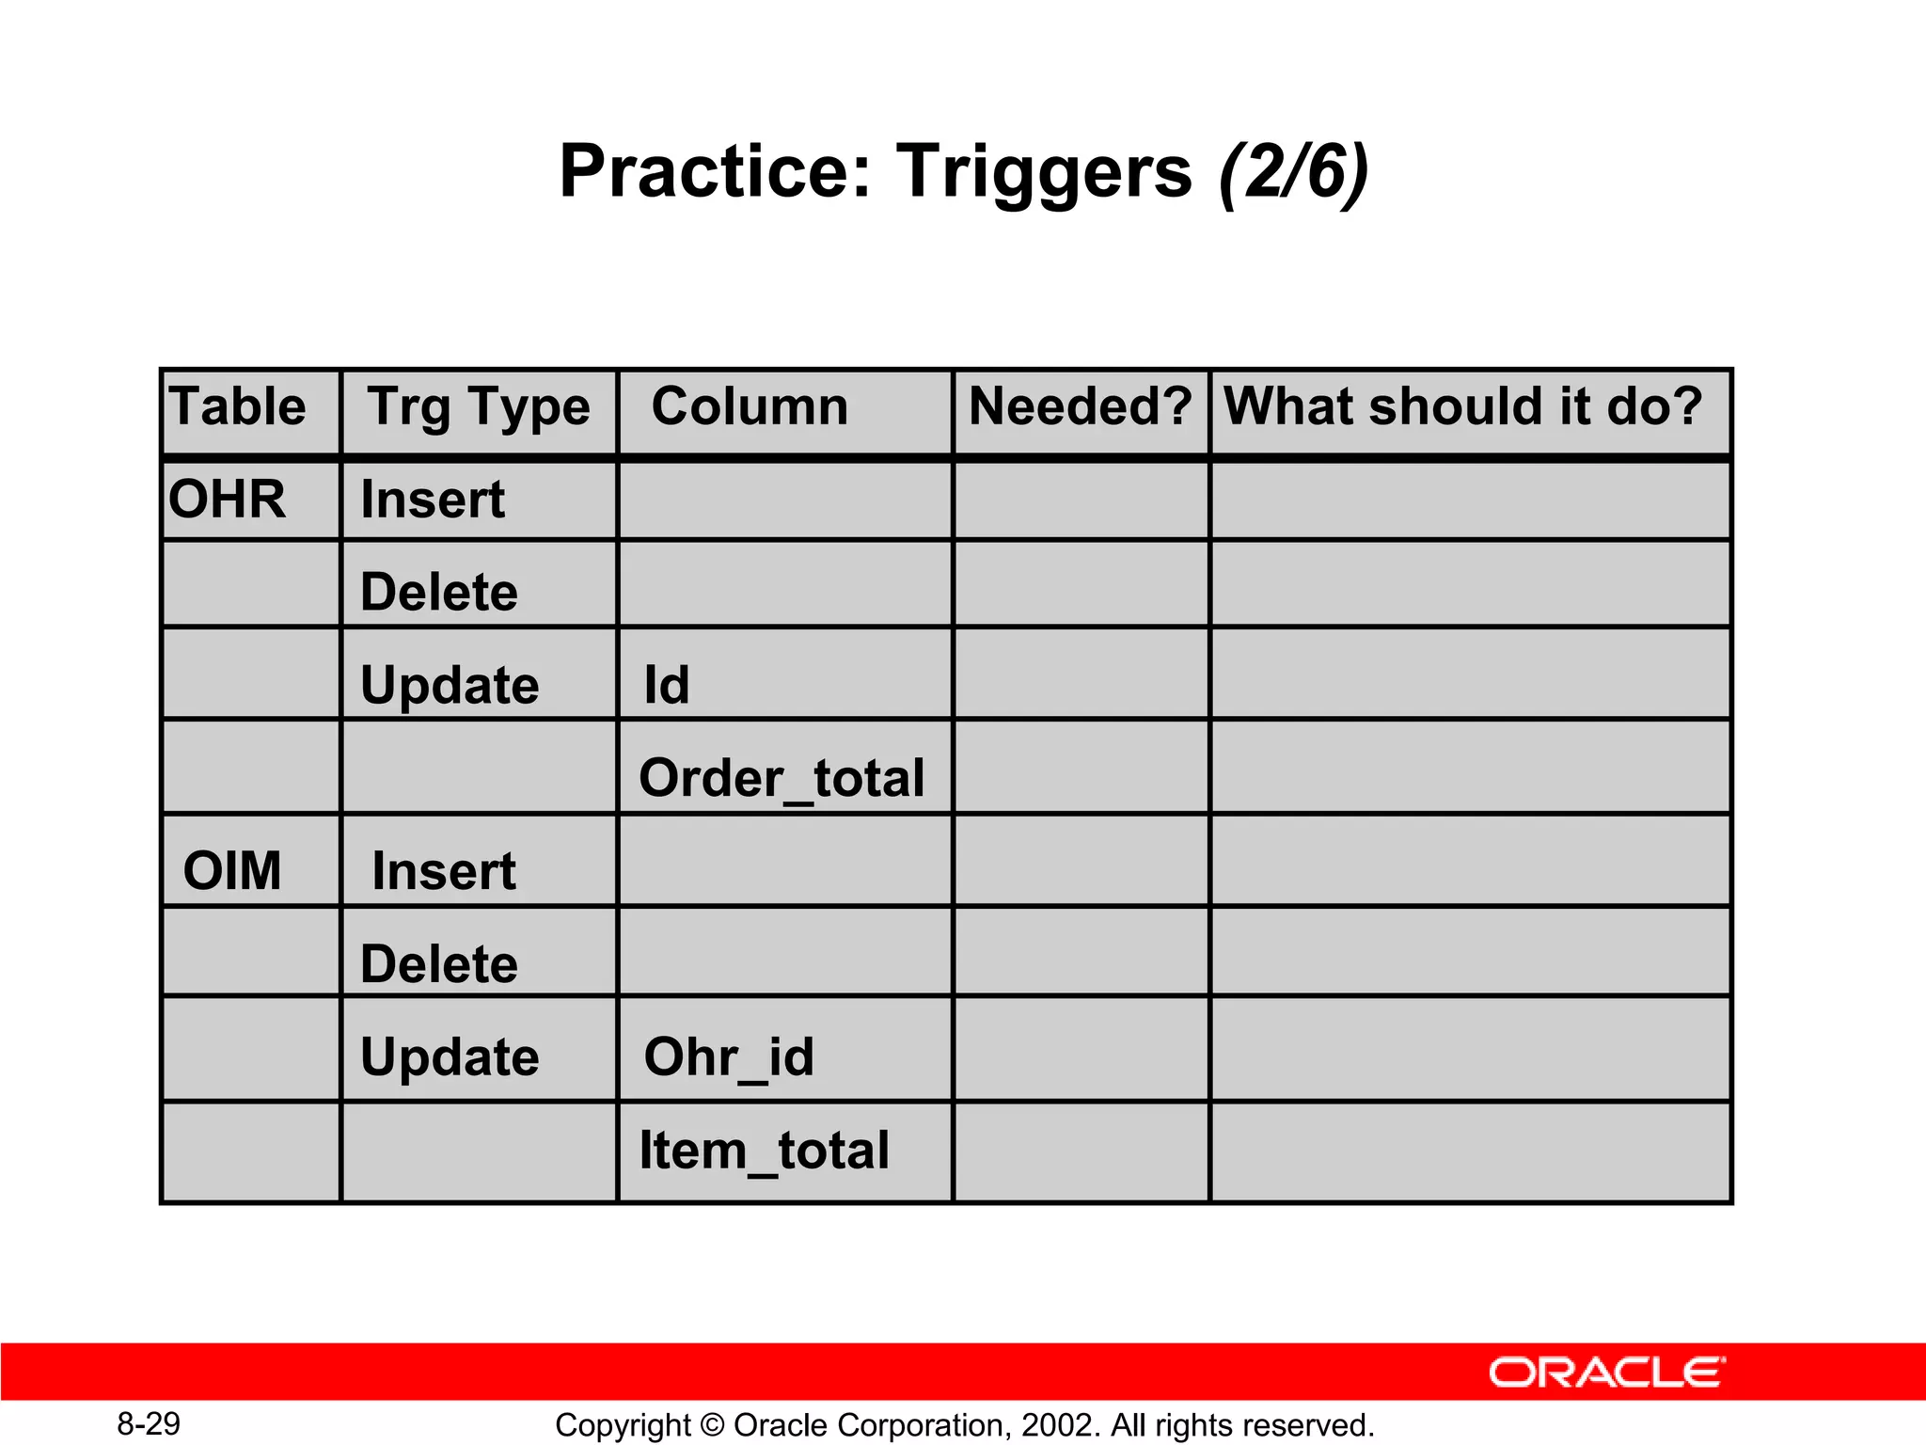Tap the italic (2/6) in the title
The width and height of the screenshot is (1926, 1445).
pos(1293,172)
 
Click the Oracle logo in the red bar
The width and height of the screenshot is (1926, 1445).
pos(1606,1373)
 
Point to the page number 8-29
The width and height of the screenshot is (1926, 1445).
pos(149,1424)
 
